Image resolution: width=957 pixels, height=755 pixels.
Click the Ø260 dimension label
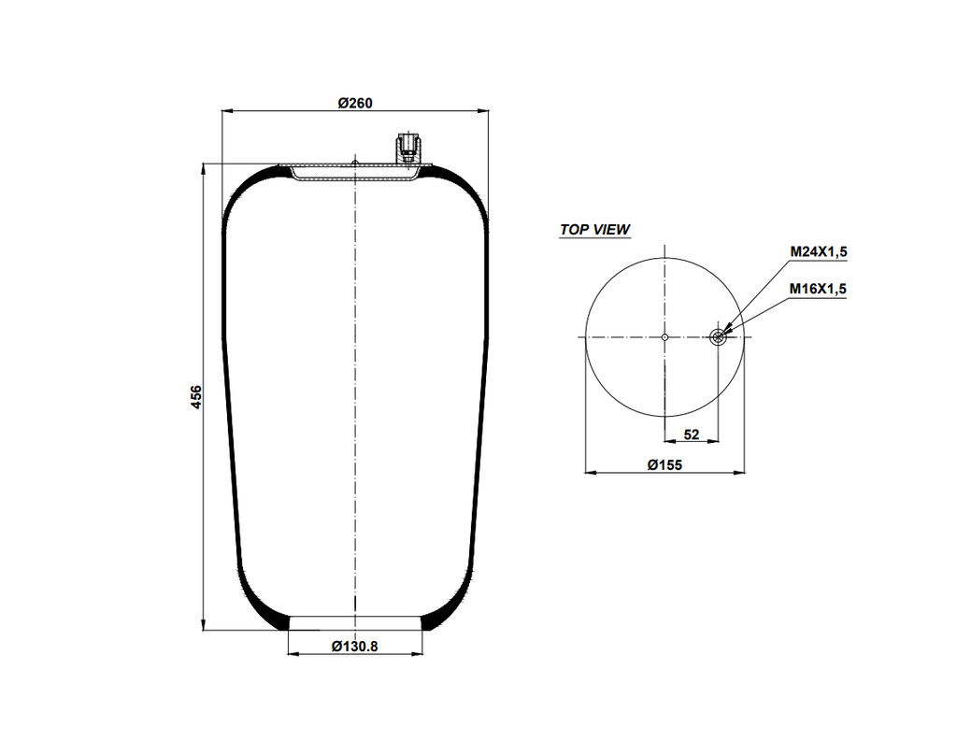point(355,103)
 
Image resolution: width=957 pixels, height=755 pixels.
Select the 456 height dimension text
point(195,396)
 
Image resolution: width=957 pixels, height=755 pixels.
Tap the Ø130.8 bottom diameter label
point(355,646)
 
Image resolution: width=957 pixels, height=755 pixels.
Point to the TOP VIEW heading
point(594,229)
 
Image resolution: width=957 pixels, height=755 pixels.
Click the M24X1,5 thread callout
point(818,251)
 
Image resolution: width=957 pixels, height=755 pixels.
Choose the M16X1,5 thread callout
point(818,289)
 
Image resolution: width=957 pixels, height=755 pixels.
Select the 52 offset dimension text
point(692,434)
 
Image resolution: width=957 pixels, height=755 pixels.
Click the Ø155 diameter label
point(664,464)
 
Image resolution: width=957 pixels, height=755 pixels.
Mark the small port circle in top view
point(718,336)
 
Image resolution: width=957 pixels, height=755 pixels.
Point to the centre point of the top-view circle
point(664,336)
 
